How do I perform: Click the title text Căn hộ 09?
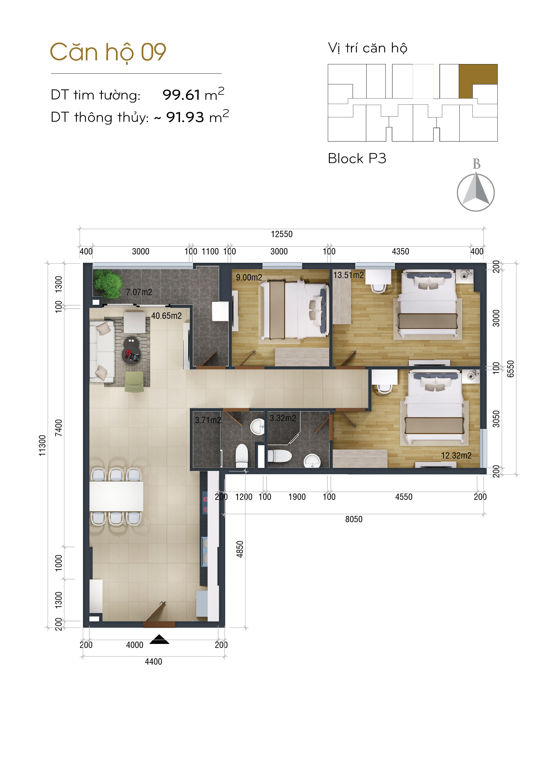coord(108,52)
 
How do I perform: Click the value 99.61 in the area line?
coord(181,95)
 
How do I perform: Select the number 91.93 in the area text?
coord(185,117)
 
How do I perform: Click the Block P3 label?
coord(357,158)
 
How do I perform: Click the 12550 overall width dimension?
coord(281,234)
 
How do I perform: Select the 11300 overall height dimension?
coord(42,446)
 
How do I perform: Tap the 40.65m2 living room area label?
coord(166,315)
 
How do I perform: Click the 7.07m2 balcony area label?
coord(139,292)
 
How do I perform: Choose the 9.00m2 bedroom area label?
coord(249,277)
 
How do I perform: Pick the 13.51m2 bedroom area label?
coord(348,275)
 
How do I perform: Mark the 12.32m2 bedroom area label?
coord(456,455)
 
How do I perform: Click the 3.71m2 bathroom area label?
coord(208,420)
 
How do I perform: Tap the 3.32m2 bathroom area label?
coord(283,418)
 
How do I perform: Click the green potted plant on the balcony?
coord(108,283)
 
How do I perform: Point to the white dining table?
coord(116,496)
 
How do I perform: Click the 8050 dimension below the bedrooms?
coord(354,519)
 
